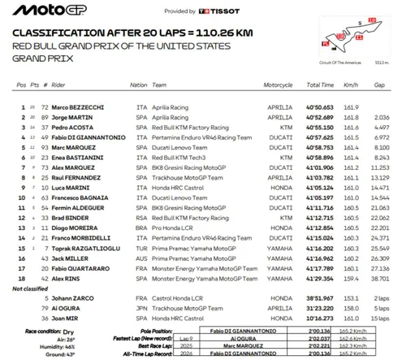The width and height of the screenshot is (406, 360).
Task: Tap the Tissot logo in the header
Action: click(218, 11)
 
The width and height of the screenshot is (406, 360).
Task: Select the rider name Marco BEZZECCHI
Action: click(80, 107)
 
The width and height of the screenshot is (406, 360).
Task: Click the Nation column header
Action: click(139, 85)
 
